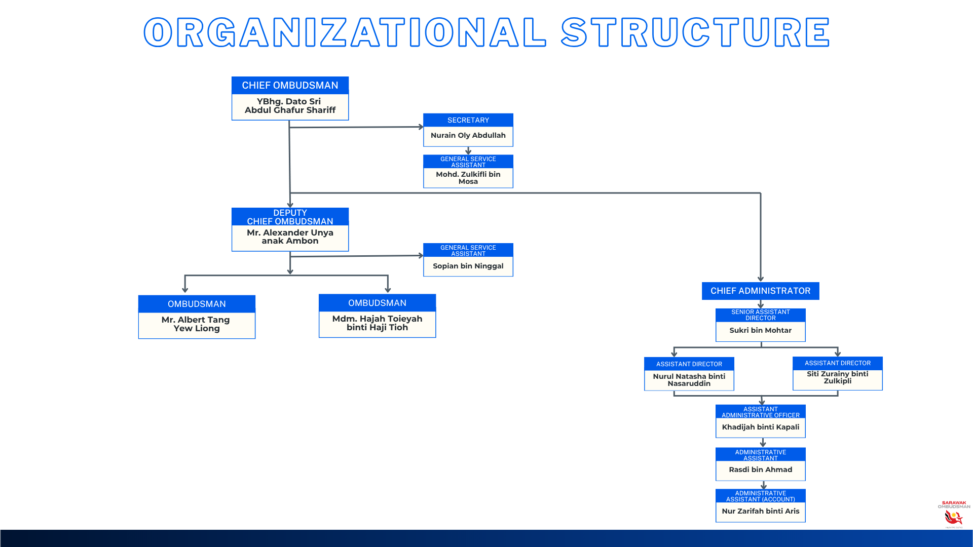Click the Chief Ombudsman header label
click(290, 86)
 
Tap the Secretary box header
click(468, 120)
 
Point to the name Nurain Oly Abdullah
click(468, 135)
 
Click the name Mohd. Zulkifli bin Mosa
click(468, 178)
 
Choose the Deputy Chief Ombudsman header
click(290, 217)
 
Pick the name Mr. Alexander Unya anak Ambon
click(290, 237)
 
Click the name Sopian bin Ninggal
click(468, 266)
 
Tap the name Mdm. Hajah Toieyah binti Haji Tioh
click(377, 323)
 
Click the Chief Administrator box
click(760, 291)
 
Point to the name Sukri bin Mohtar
click(760, 330)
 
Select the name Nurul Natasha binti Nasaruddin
click(689, 380)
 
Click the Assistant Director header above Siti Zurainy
click(837, 363)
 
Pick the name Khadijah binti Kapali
click(760, 427)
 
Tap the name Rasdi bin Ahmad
click(760, 470)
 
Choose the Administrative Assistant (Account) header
click(760, 496)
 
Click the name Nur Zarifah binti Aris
click(760, 511)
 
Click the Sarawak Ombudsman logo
click(953, 514)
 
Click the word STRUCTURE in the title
click(695, 32)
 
